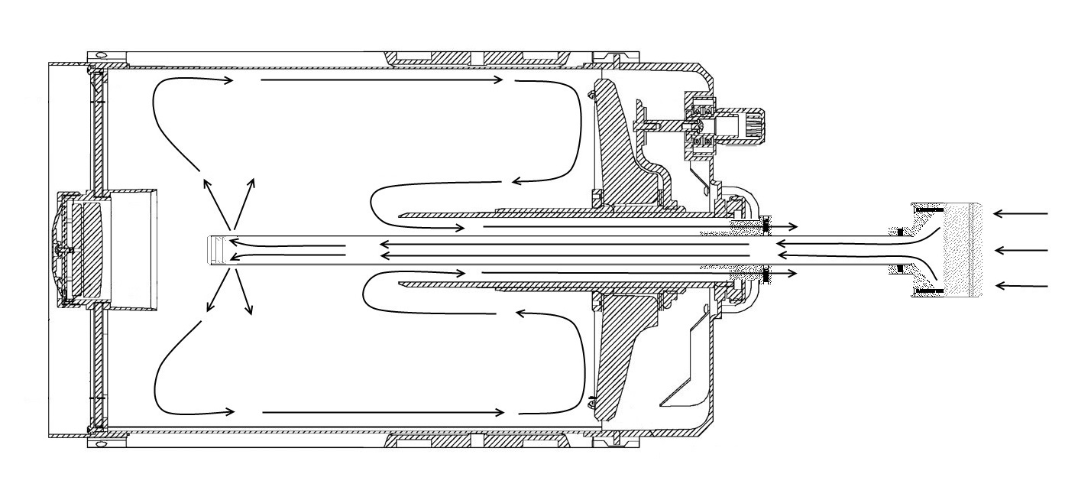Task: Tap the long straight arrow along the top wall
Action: tap(382, 80)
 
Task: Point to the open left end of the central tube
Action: tap(218, 249)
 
